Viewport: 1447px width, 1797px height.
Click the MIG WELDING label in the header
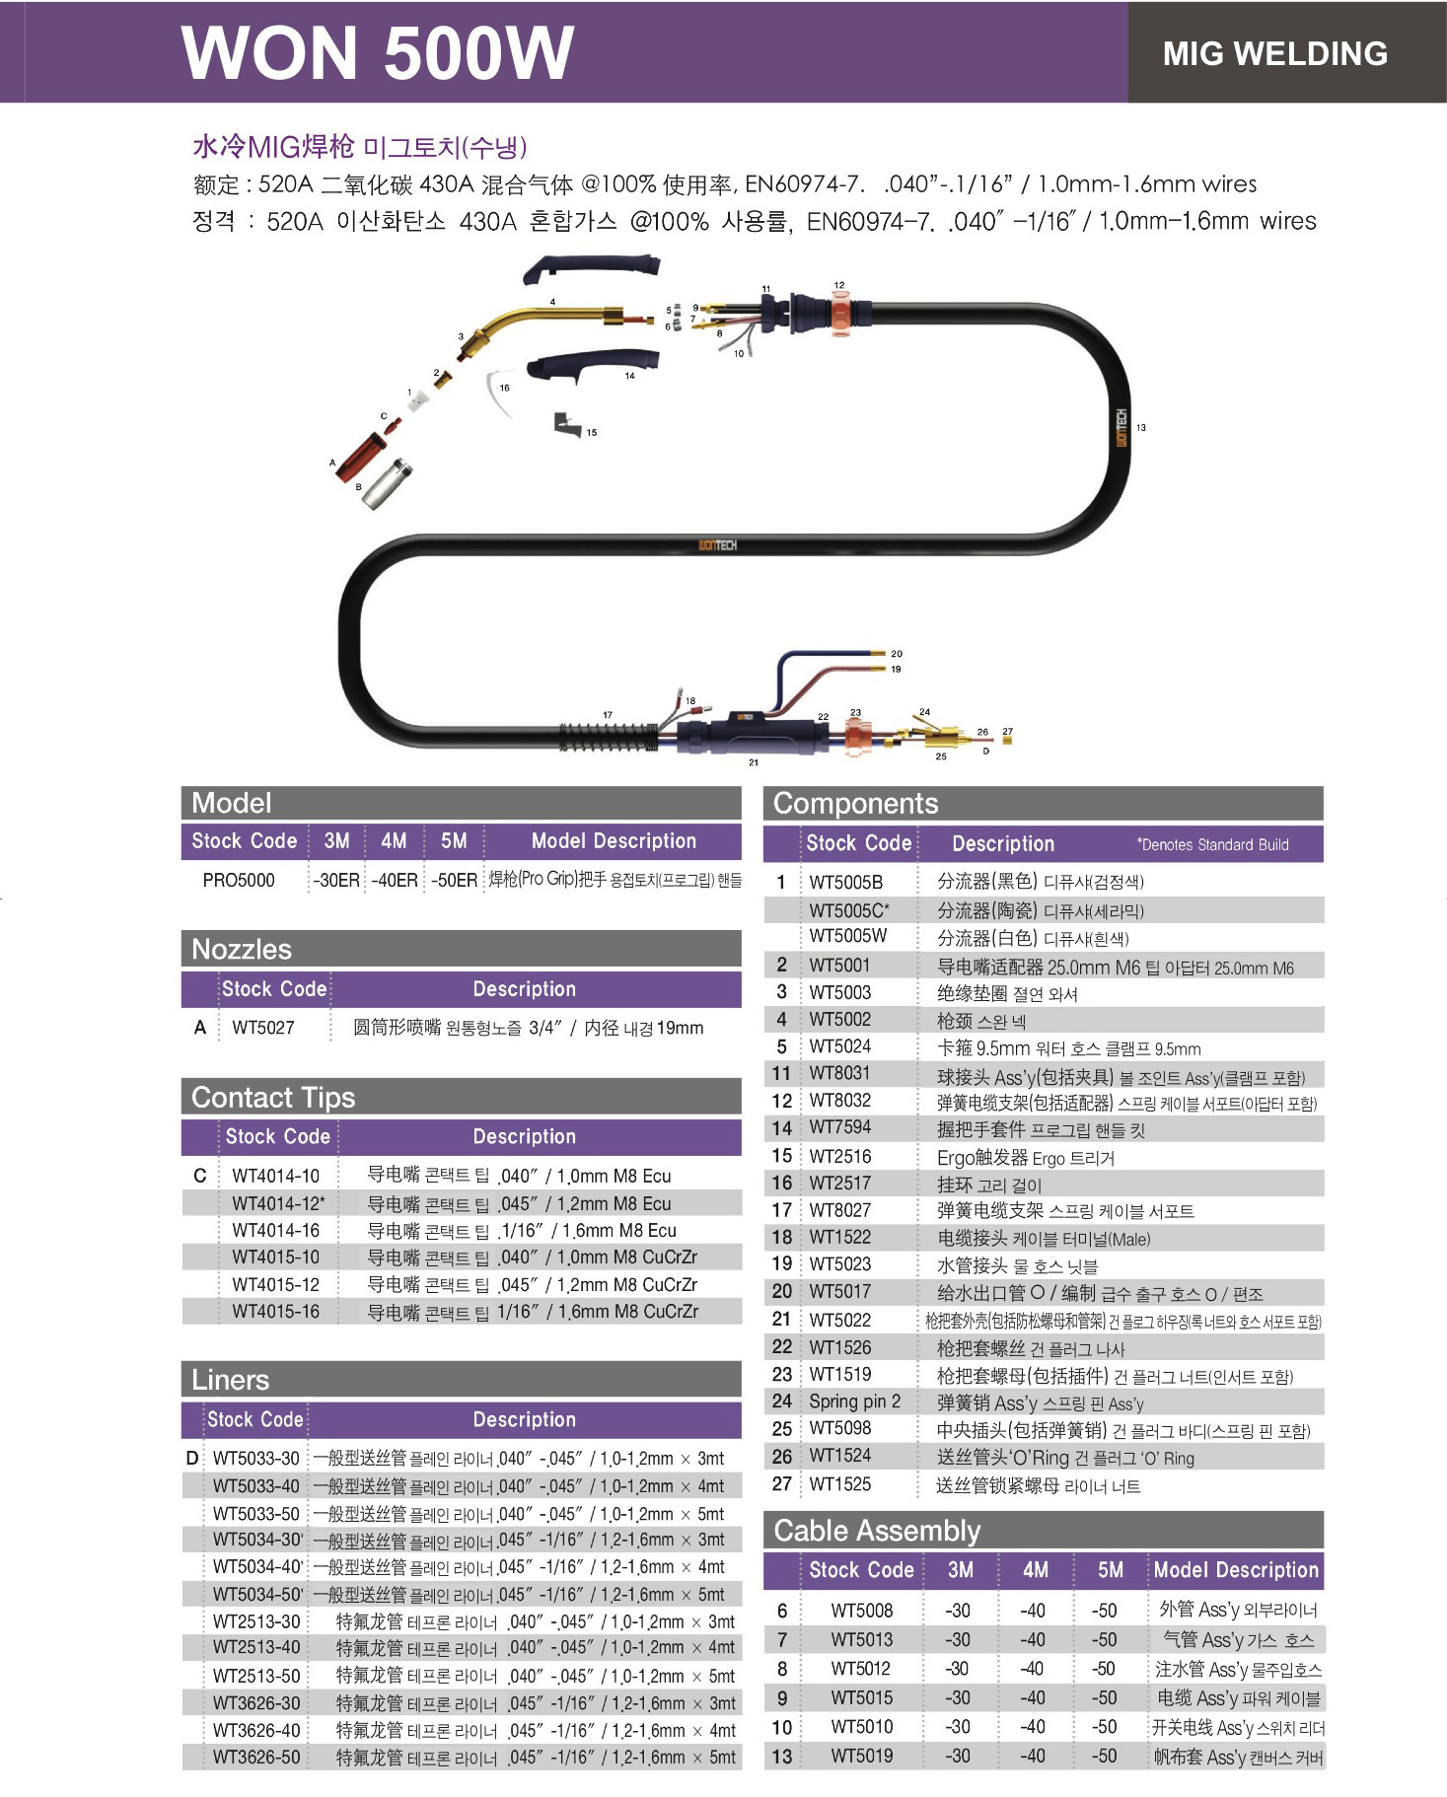[x=1274, y=53]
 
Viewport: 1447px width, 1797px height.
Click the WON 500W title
[x=378, y=52]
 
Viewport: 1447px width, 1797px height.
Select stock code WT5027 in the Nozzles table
[x=263, y=1028]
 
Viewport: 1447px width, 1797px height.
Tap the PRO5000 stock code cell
[x=239, y=880]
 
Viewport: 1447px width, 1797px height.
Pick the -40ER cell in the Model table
[x=395, y=880]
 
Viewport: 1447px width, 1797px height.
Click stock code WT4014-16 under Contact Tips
[x=276, y=1231]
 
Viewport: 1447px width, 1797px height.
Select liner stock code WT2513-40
[x=256, y=1647]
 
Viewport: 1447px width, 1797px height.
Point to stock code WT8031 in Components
[x=840, y=1073]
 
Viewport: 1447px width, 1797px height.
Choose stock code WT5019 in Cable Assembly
[x=862, y=1756]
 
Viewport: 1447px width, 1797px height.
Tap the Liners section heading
[x=231, y=1380]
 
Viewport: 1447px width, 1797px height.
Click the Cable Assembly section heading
[x=877, y=1531]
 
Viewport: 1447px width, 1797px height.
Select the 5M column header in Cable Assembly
[x=1111, y=1570]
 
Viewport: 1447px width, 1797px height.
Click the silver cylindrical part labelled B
[x=388, y=483]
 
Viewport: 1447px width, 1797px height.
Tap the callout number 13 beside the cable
[x=1141, y=427]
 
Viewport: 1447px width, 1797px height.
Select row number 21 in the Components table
[x=781, y=1319]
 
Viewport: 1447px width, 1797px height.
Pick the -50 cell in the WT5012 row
[x=1104, y=1669]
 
